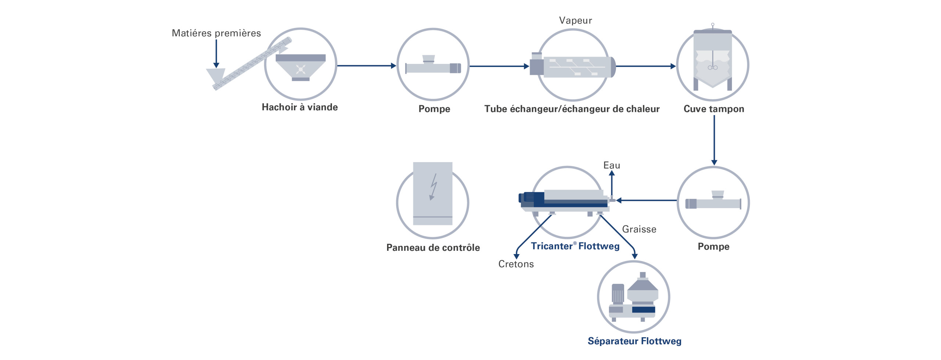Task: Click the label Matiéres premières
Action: pos(216,33)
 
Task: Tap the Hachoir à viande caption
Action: pos(300,107)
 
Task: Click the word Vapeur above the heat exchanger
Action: pos(575,20)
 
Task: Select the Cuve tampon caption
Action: pos(713,109)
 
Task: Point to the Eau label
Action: pos(612,165)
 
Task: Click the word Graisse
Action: pos(639,229)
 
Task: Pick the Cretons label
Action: pos(516,264)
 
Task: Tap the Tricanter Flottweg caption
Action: pos(575,246)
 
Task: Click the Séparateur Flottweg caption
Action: pos(634,341)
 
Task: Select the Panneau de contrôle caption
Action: pos(433,247)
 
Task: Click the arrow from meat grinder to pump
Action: pos(366,66)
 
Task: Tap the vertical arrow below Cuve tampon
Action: pos(714,140)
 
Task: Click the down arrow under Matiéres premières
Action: pos(216,53)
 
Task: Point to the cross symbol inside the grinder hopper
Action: pos(301,69)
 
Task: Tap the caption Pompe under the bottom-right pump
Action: pos(713,246)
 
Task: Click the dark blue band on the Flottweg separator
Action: pos(643,310)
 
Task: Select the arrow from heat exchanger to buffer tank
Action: pos(645,66)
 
